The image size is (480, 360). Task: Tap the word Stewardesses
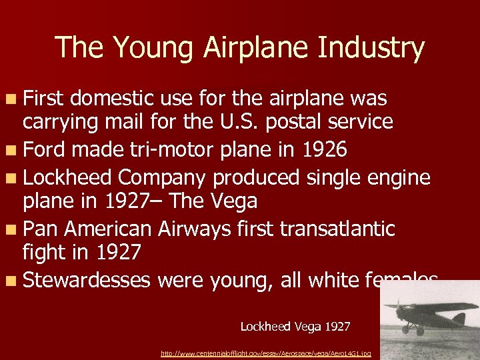(x=87, y=279)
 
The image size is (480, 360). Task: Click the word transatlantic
(x=337, y=229)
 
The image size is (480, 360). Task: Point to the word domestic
(x=112, y=99)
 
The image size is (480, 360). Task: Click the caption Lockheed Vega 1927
(x=295, y=327)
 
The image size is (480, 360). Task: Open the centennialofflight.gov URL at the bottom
(x=266, y=353)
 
